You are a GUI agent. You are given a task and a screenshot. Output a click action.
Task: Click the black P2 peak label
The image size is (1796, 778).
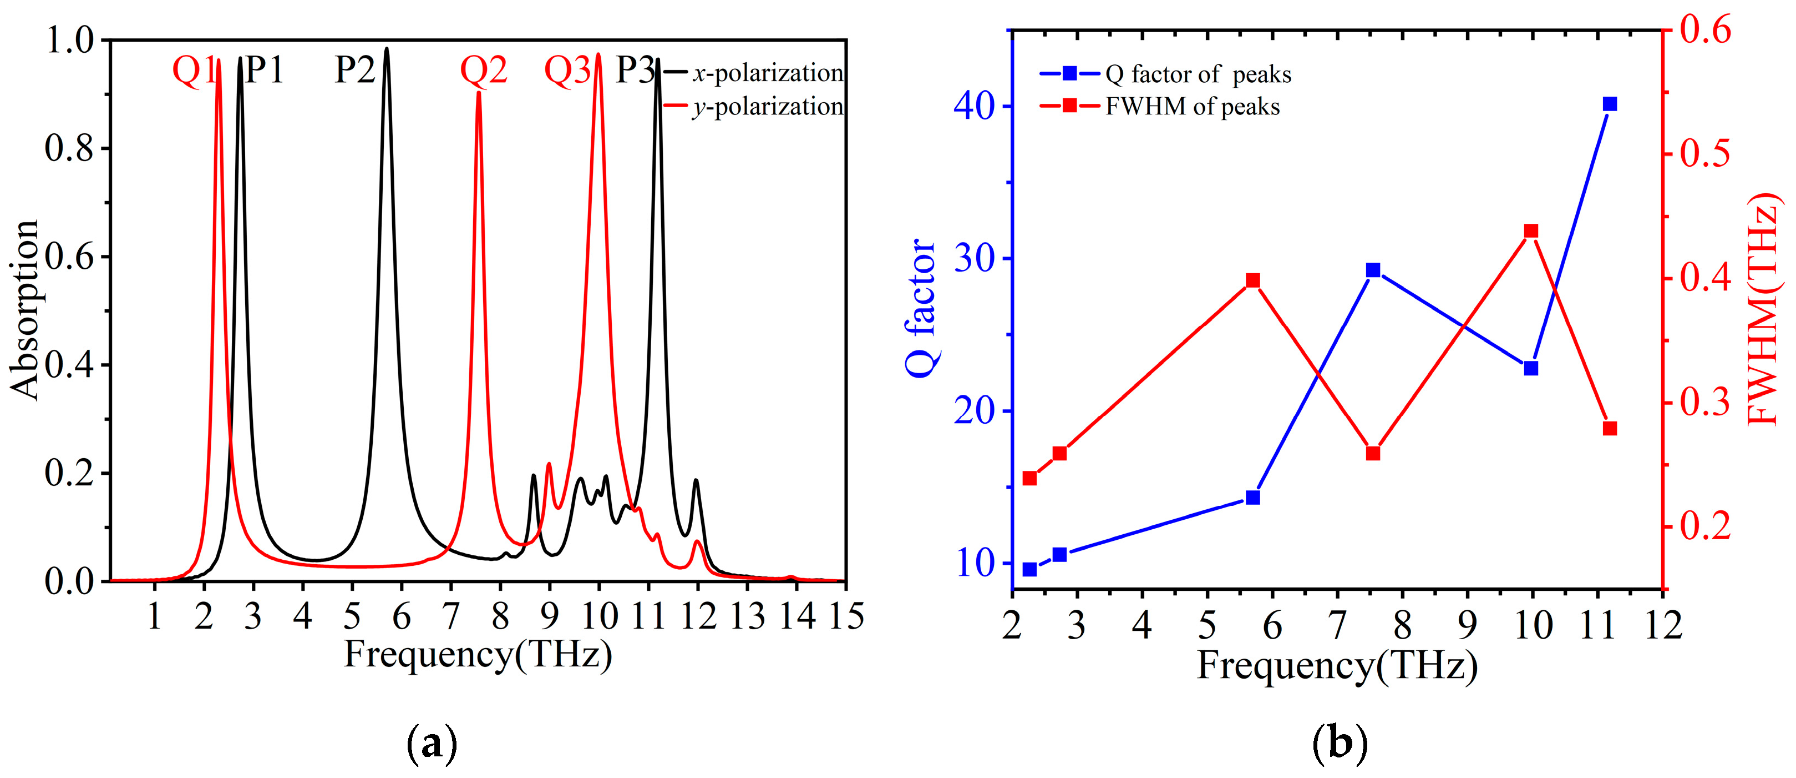tap(355, 70)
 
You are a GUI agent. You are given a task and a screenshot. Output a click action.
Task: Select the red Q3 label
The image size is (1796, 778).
tap(567, 71)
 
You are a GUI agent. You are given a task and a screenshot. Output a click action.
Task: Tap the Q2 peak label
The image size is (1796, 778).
tap(483, 71)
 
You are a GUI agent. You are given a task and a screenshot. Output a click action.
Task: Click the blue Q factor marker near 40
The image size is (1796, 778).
tap(1610, 104)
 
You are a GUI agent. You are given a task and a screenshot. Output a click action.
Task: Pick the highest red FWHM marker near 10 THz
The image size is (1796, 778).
tap(1531, 232)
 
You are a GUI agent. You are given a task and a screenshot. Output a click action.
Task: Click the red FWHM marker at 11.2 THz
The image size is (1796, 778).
tap(1610, 428)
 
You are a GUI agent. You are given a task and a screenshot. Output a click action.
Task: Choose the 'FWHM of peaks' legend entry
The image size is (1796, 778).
tap(1192, 107)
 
